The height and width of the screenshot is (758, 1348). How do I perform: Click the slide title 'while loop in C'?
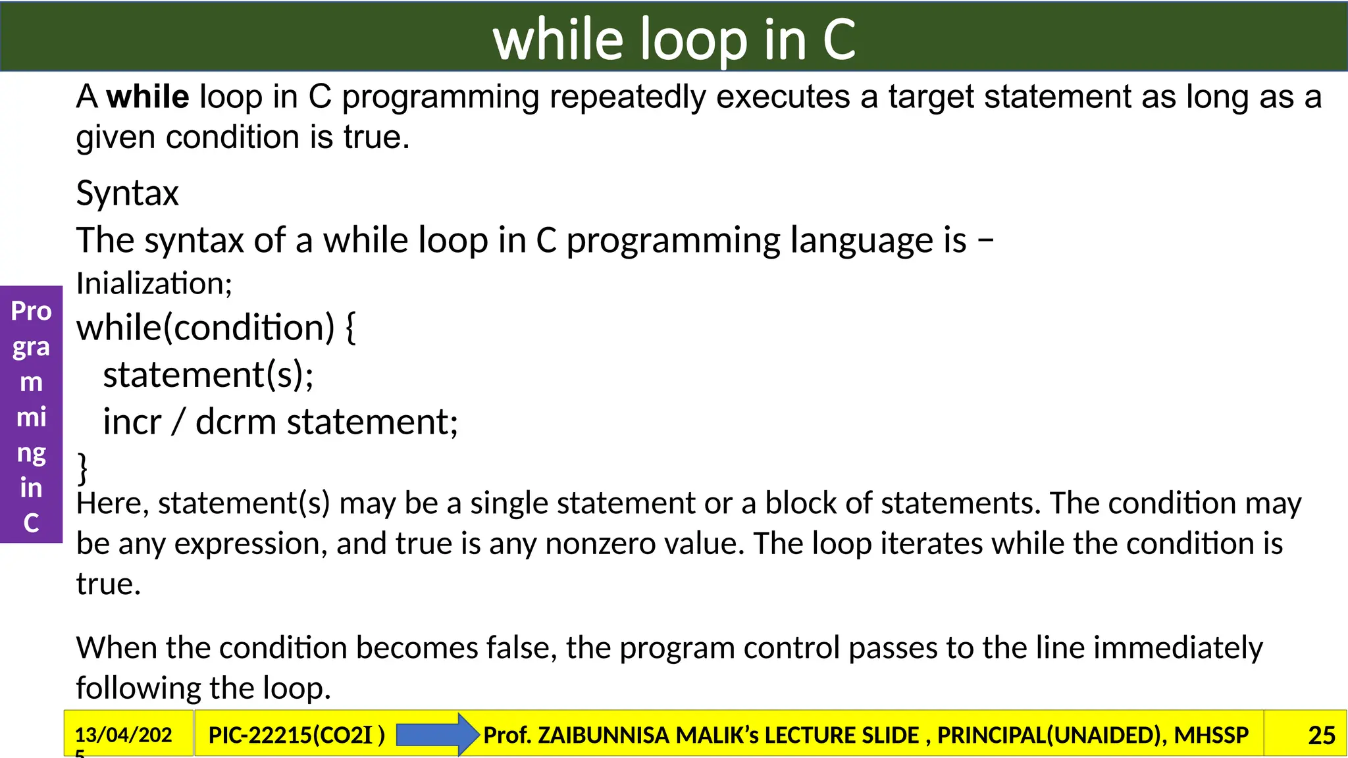coord(674,39)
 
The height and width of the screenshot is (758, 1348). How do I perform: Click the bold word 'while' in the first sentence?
coord(148,97)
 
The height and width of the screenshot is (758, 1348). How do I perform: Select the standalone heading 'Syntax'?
coord(127,193)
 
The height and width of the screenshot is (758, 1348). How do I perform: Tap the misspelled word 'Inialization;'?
coord(154,284)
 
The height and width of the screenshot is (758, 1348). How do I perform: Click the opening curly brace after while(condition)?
coord(350,328)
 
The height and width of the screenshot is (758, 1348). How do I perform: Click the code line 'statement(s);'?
coord(208,375)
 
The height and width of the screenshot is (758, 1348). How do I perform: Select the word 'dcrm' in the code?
coord(236,422)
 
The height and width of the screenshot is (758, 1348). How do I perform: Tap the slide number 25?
coord(1321,735)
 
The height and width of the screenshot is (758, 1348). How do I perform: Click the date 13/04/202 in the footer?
coord(123,734)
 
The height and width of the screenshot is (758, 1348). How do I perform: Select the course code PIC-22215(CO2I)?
coord(296,735)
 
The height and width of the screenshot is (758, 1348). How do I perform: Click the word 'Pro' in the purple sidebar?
coord(31,311)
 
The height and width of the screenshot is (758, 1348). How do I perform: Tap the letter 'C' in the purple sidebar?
coord(31,523)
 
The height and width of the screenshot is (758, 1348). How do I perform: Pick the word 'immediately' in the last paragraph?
coord(1178,648)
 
